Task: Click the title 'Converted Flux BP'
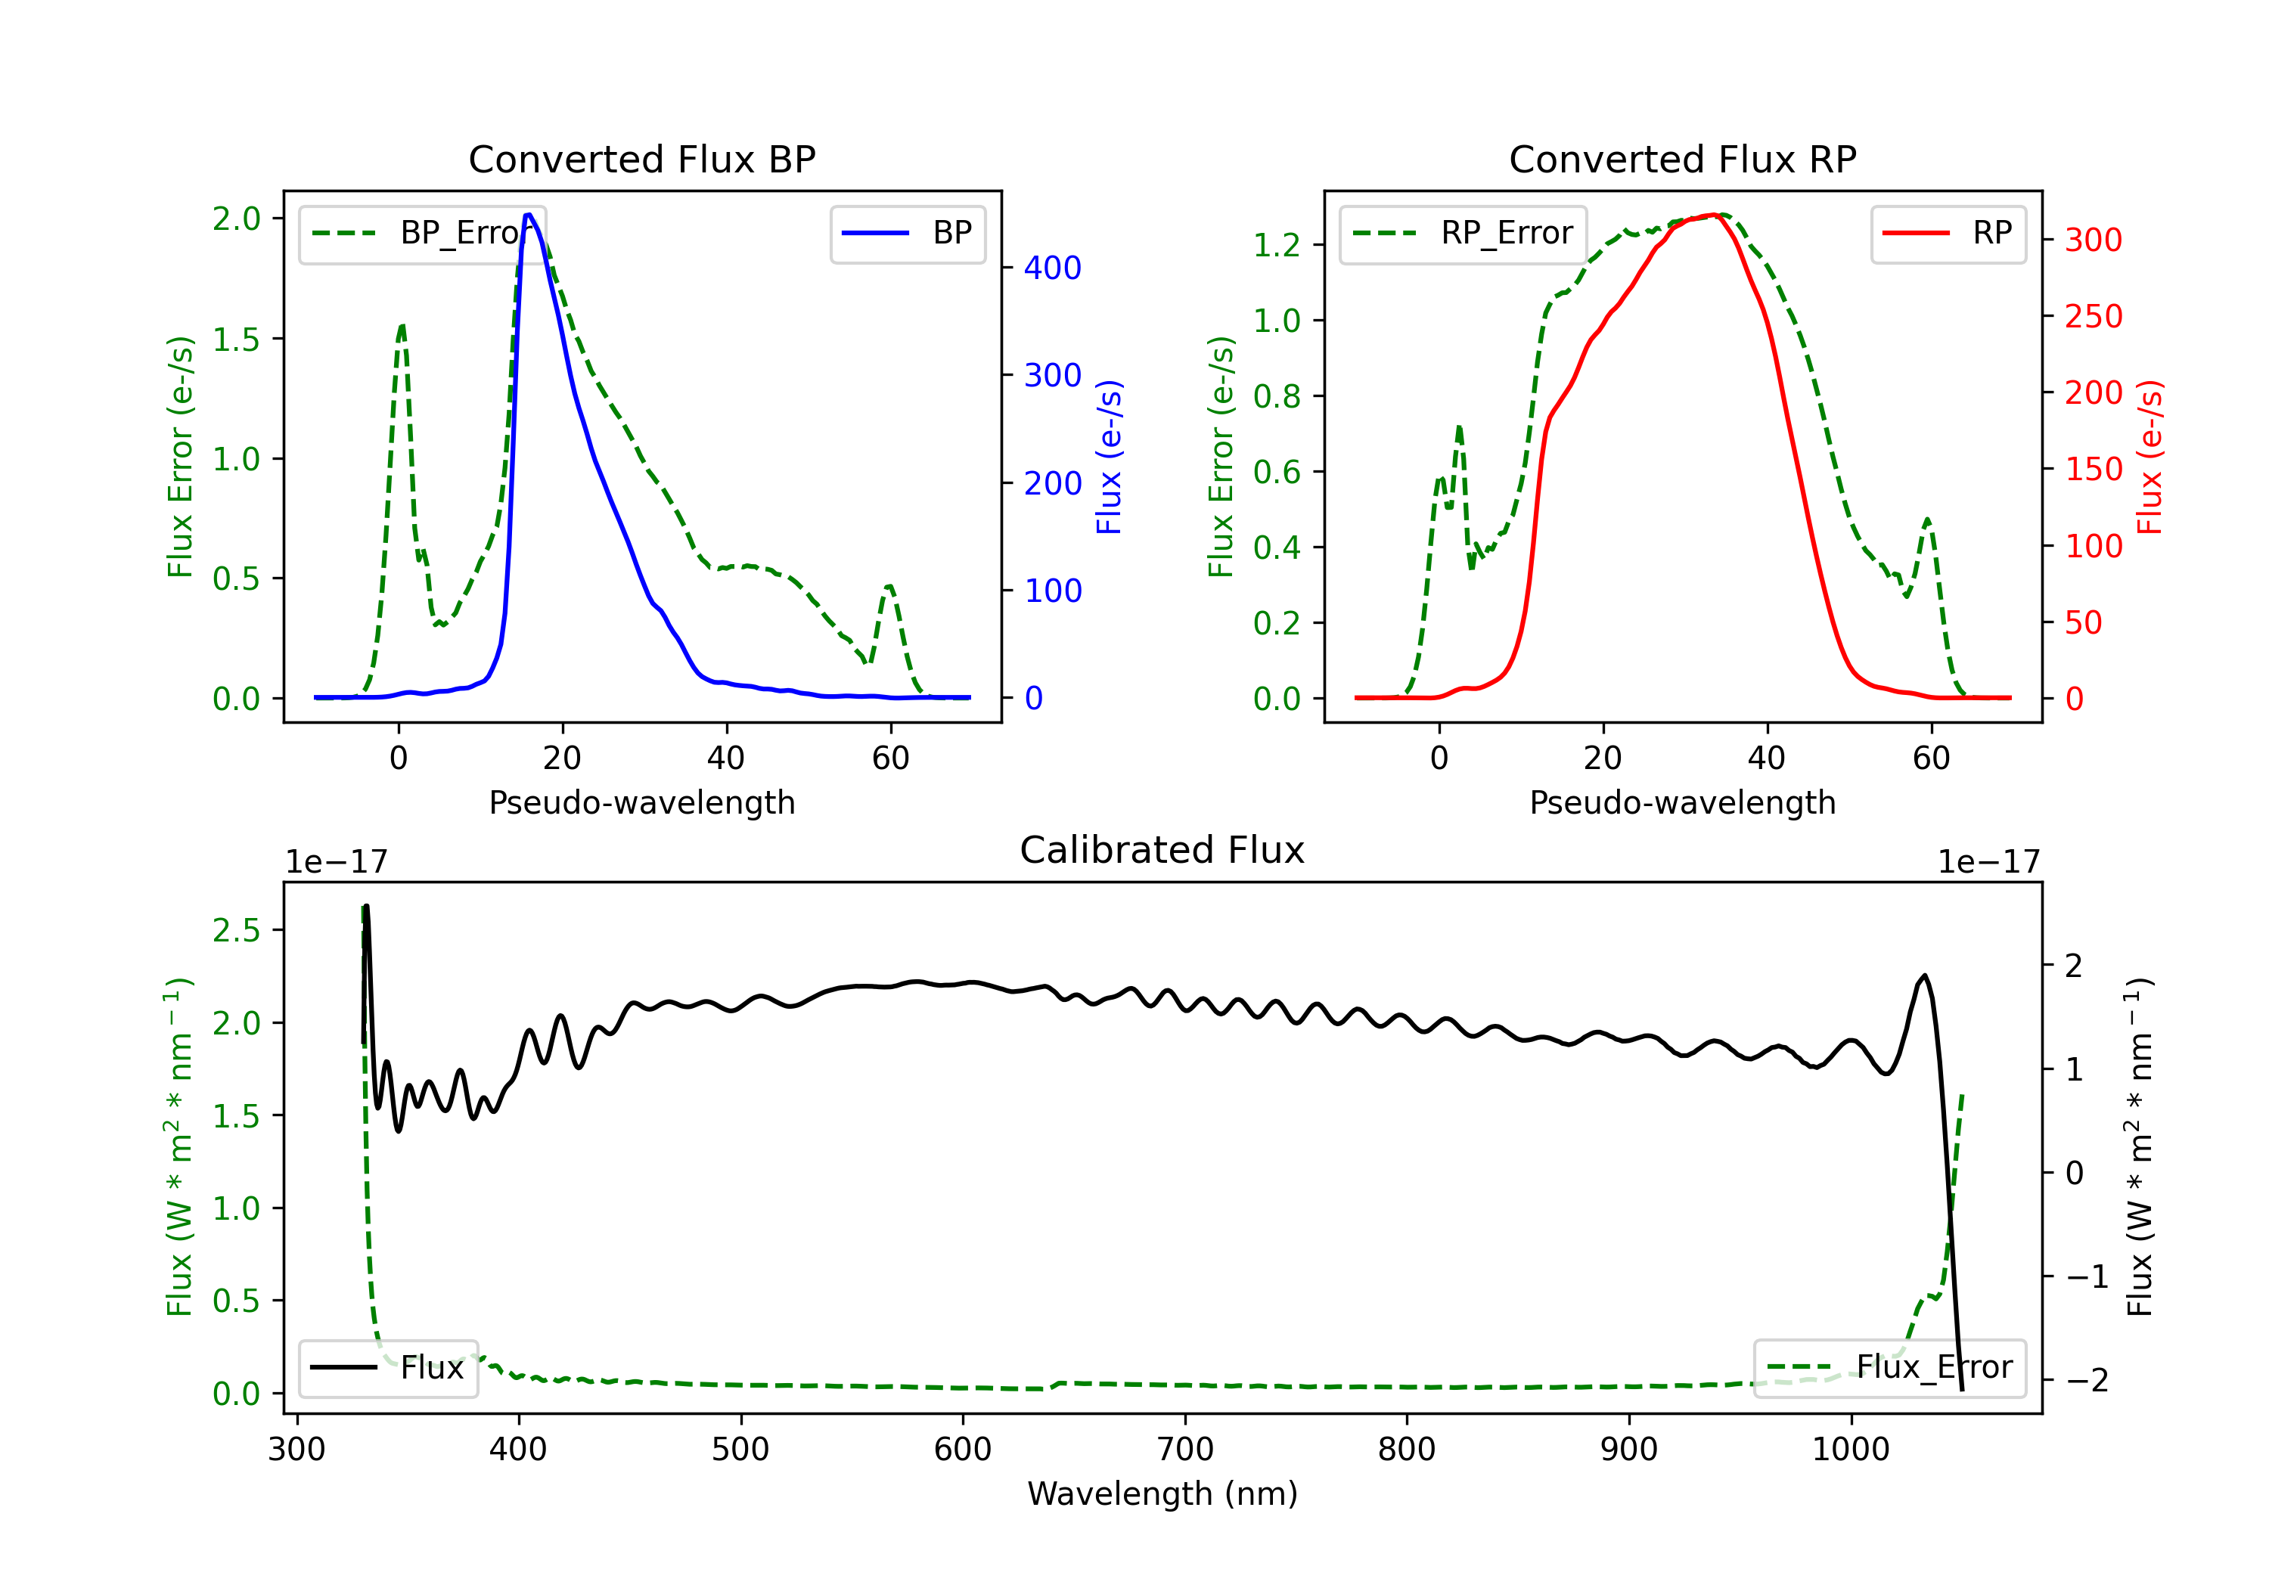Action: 642,159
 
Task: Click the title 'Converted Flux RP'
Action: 1683,159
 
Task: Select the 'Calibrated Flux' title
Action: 1162,850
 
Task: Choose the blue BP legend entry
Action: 907,233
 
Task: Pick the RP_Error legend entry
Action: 1463,233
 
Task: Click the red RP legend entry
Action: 1948,233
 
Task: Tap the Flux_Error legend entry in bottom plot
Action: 1889,1368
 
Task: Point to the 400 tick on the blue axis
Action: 1053,268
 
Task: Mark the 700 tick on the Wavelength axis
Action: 1185,1450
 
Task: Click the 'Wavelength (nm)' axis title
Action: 1162,1493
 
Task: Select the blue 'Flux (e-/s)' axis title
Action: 1110,457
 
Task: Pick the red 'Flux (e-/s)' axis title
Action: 2150,457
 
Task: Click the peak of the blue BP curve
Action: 529,215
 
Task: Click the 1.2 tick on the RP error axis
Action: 1277,245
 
